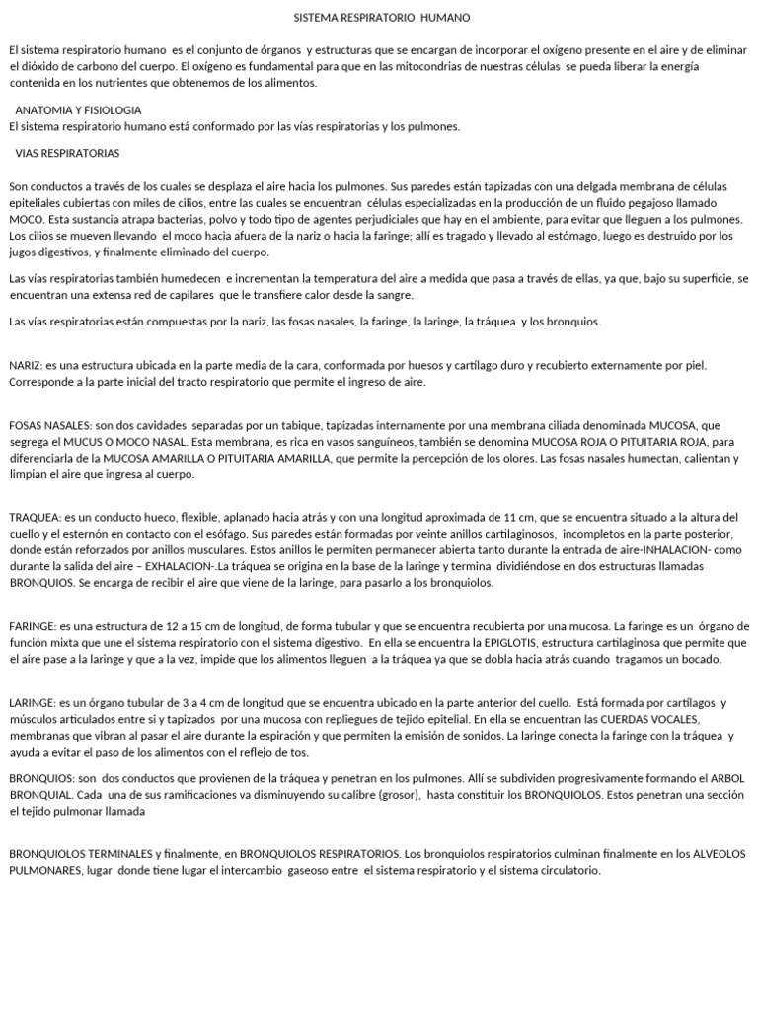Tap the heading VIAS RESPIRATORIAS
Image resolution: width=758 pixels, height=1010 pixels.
[68, 154]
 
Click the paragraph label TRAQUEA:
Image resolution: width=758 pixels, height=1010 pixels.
[35, 517]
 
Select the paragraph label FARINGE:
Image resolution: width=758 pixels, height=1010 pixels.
[33, 626]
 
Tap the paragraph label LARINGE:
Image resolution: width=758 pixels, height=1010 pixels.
[34, 703]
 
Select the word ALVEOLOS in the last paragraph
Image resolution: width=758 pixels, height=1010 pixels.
[718, 853]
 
